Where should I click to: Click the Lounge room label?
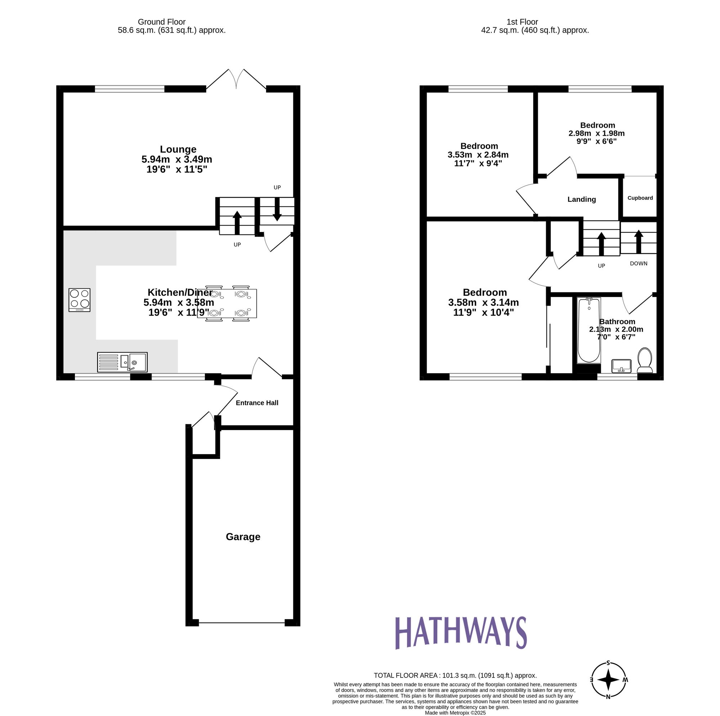(x=178, y=149)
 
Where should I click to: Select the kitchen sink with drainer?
(x=122, y=362)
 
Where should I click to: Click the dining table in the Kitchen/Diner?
(x=227, y=304)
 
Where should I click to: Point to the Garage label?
(x=243, y=537)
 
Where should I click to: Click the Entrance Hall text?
(x=257, y=403)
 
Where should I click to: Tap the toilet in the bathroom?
(x=645, y=360)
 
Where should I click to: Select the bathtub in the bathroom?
(x=589, y=330)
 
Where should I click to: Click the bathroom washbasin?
(x=621, y=366)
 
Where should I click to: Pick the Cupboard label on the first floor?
(x=640, y=198)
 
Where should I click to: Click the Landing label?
(x=581, y=200)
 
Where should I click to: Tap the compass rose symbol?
(x=608, y=689)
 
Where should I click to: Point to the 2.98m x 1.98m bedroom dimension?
(x=596, y=133)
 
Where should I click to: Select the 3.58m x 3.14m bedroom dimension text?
(x=483, y=302)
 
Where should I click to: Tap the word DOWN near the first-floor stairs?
(x=638, y=264)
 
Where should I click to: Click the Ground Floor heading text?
(x=161, y=22)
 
